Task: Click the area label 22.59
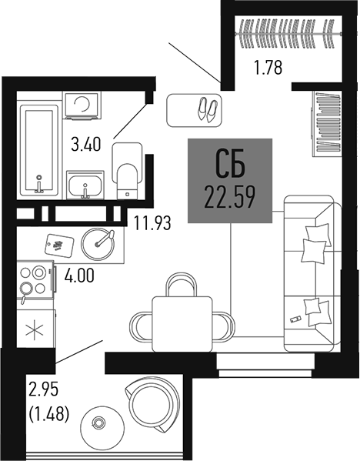pos(230,199)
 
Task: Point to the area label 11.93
pos(152,224)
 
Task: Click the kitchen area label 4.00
pos(79,274)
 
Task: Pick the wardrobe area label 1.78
pos(268,67)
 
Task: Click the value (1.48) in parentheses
pos(48,414)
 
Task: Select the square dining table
pos(180,322)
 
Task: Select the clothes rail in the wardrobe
pos(288,33)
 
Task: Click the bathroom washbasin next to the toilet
pos(85,185)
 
